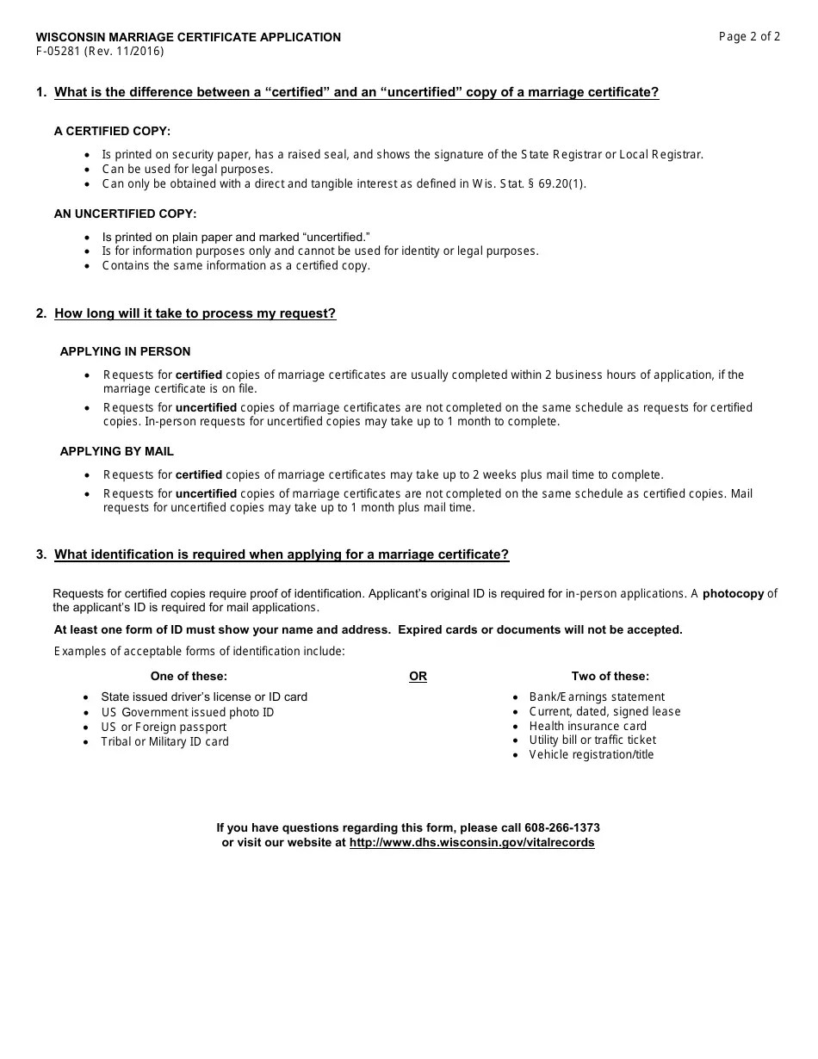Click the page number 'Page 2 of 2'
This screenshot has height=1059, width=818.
749,36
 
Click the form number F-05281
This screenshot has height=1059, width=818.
59,51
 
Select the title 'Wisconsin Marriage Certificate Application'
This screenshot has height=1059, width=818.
188,37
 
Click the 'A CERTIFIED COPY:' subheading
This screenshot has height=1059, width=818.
112,131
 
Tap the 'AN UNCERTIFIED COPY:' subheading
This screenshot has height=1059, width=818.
125,214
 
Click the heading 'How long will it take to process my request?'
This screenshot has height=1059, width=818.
195,313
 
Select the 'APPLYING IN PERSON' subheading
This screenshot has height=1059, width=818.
125,351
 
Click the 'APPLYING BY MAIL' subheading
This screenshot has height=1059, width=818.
116,451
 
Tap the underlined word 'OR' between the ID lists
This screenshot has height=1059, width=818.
418,676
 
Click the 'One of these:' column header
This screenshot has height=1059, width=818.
189,676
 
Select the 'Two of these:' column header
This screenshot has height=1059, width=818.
610,676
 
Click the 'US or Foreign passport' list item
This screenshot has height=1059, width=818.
164,727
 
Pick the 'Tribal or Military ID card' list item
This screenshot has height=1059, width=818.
164,741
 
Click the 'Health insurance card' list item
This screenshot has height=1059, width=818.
587,726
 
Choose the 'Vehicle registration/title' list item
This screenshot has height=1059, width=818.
591,754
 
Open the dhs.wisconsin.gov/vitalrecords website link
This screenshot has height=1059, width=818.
471,842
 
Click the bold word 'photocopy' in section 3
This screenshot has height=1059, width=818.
733,593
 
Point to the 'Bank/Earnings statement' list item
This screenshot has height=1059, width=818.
597,697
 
